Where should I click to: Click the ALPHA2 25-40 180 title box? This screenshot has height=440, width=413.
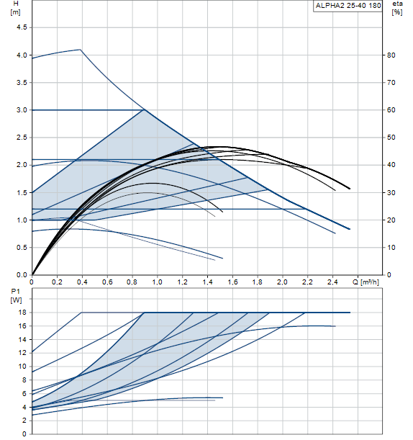coord(348,6)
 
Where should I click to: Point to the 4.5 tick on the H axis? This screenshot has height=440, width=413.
coord(22,27)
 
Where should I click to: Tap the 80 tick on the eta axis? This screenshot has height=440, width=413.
coord(391,55)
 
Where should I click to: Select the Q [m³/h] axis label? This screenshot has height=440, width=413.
coord(366,282)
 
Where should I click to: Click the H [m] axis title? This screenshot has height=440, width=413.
coord(16,8)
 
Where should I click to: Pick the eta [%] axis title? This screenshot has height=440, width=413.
coord(397,8)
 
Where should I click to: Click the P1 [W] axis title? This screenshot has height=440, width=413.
coord(16,296)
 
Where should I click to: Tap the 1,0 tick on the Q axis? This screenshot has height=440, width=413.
coord(158,282)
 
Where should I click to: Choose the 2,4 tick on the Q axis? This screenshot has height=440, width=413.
coord(332,282)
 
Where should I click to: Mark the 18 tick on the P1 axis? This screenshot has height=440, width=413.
coord(23,313)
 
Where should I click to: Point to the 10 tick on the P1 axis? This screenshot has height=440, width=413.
coord(23,367)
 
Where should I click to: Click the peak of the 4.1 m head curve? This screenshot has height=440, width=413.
coord(81,50)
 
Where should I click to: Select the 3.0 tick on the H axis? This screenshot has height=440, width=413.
coord(22,110)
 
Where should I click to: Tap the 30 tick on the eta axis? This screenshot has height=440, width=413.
coord(391,193)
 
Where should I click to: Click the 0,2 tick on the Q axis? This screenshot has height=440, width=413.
coord(57,282)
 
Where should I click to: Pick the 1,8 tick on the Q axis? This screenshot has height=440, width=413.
coord(258,282)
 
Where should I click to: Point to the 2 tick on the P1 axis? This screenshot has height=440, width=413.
coord(24,421)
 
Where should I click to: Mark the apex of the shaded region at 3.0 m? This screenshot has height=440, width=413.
coord(145,109)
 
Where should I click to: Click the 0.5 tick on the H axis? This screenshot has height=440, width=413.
coord(22,248)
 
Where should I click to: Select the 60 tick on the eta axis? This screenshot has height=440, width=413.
coord(391,110)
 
